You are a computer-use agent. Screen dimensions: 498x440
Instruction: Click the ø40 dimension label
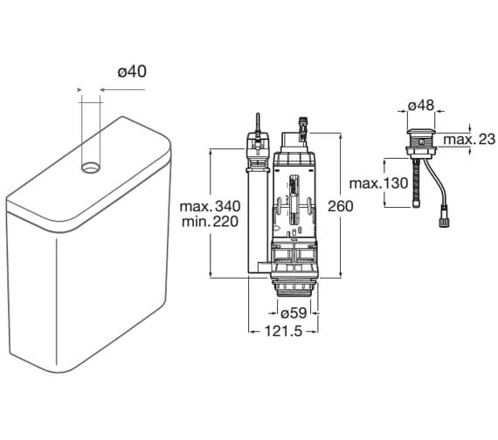tap(132, 72)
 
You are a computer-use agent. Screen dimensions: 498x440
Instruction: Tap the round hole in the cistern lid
tap(91, 168)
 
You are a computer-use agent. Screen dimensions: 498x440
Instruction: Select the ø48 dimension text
tap(421, 105)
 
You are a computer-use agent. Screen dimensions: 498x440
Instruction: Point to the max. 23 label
tap(469, 140)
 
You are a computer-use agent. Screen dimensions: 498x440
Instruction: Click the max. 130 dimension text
tap(378, 183)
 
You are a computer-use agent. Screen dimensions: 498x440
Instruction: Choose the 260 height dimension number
tap(341, 206)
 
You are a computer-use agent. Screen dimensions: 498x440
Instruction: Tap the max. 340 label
tap(210, 206)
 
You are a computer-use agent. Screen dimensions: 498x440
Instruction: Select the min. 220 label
tap(210, 221)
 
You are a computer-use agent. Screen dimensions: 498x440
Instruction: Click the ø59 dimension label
tap(294, 313)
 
